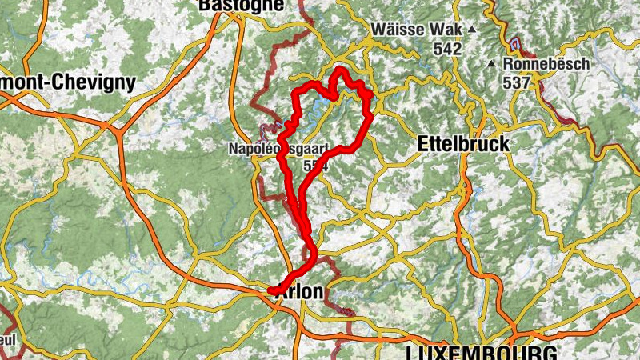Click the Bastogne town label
[x=241, y=5]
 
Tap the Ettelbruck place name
[x=463, y=143]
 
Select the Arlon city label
[x=299, y=293]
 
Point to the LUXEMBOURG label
[x=470, y=353]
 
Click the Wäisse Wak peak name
[x=416, y=29]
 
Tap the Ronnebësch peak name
[x=547, y=63]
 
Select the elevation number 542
[x=448, y=49]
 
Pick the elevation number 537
[x=518, y=82]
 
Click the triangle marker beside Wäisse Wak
[x=471, y=30]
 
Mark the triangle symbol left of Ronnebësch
[x=491, y=63]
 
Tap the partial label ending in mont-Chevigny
[x=68, y=82]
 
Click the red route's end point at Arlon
[x=270, y=290]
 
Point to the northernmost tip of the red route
[x=340, y=69]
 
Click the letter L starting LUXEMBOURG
[x=411, y=353]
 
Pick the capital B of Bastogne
[x=203, y=5]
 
